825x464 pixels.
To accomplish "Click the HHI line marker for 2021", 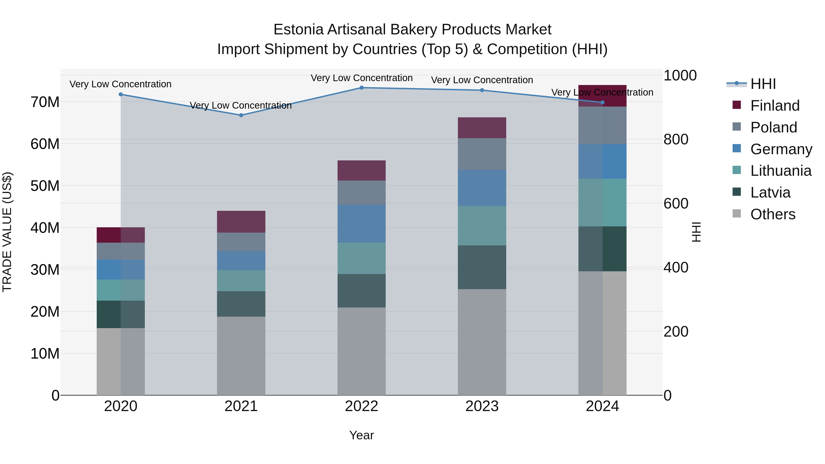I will [241, 115].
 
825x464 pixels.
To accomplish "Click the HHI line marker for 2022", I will [362, 88].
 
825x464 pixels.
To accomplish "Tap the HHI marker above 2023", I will [482, 90].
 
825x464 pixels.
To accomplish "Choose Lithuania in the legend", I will [781, 171].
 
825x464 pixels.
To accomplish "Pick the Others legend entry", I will [773, 214].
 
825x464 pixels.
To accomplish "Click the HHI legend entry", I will [763, 84].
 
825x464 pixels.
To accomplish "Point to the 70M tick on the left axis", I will [45, 102].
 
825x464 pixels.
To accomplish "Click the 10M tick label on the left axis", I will [45, 354].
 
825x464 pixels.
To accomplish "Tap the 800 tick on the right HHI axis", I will [676, 139].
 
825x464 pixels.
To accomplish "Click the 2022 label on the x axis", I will [362, 406].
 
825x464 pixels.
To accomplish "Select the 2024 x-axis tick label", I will [602, 406].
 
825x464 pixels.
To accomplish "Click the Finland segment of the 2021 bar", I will [241, 222].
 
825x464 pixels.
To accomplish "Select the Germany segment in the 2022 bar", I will [362, 223].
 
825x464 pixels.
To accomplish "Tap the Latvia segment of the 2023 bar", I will [482, 267].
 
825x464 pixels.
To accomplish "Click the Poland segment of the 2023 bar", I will [482, 154].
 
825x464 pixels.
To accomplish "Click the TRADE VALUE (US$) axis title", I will [7, 232].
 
